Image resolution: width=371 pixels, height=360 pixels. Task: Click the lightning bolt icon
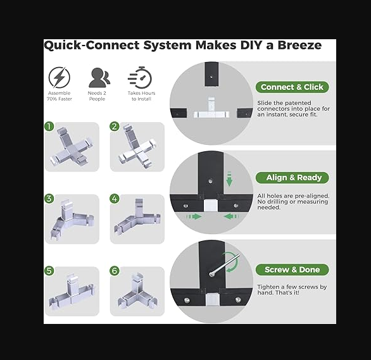point(59,77)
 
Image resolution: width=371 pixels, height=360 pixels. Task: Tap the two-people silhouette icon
point(99,78)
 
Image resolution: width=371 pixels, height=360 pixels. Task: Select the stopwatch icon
point(140,77)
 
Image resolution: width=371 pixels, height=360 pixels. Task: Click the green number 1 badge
point(49,127)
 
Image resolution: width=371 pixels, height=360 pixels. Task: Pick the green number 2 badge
point(115,127)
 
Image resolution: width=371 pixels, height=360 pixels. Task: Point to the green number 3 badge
point(49,199)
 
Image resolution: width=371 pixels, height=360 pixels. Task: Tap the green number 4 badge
point(115,199)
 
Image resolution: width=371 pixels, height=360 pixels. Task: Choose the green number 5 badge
point(49,271)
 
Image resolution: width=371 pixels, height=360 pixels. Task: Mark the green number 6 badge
point(115,271)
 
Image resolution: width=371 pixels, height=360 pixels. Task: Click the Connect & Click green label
point(292,87)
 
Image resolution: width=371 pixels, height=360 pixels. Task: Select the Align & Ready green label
point(292,178)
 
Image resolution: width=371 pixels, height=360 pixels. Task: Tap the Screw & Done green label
point(292,270)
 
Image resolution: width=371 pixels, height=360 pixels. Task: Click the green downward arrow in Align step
point(229,180)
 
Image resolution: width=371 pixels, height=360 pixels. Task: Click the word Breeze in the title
point(299,45)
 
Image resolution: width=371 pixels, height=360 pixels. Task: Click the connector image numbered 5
point(72,291)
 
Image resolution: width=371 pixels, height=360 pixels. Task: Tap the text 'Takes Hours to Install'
point(141,96)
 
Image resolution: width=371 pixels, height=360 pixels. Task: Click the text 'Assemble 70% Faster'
point(59,96)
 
